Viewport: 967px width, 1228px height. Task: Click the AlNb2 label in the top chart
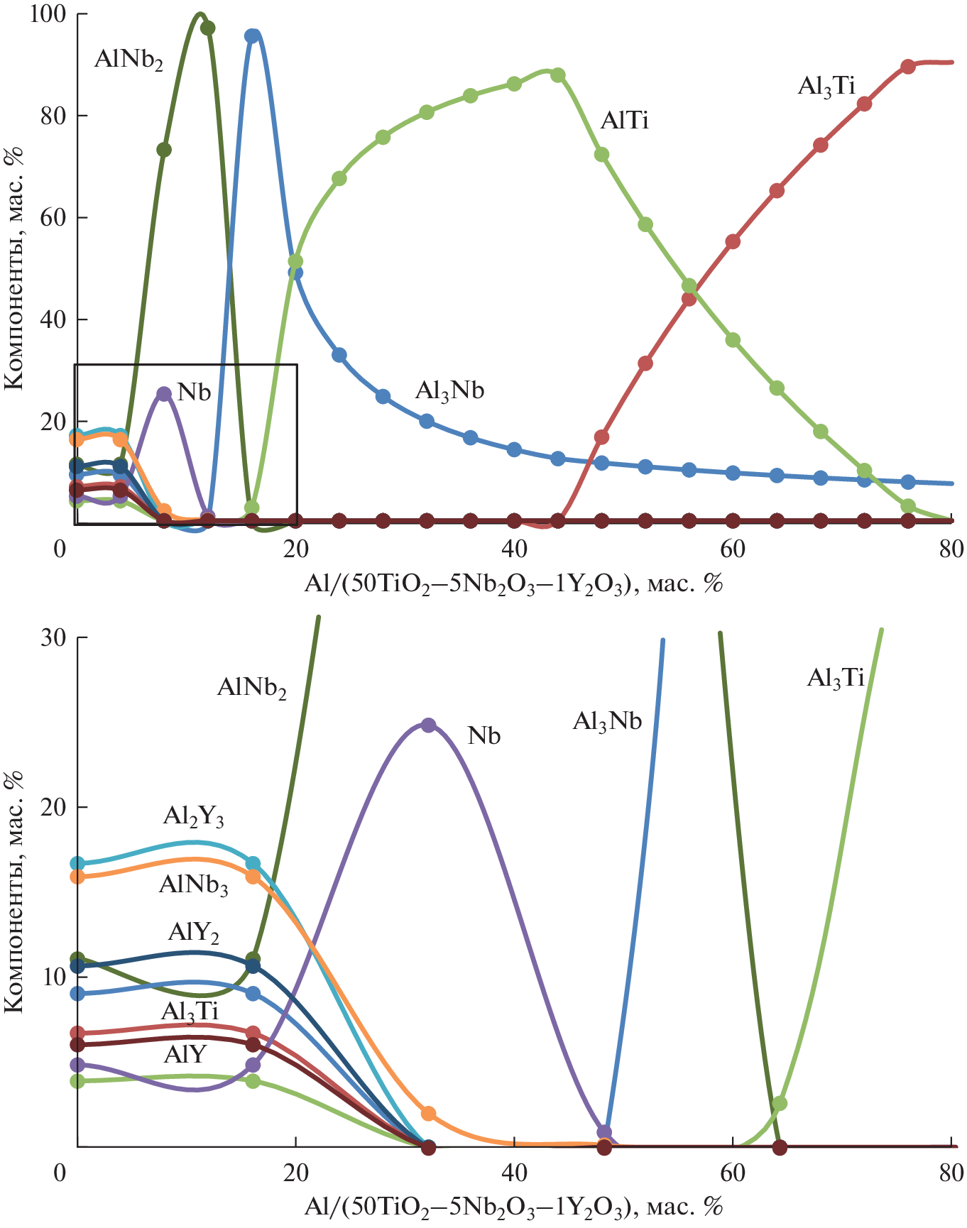(129, 60)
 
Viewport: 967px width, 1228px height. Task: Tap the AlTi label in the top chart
(624, 121)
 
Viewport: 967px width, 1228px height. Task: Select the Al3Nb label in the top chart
(449, 390)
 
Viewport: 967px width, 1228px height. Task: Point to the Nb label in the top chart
(194, 392)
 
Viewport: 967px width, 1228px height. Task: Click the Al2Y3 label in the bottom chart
(193, 817)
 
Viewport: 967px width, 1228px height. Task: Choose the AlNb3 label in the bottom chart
(193, 885)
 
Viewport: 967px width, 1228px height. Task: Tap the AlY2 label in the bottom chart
(193, 932)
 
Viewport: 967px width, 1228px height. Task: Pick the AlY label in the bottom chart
(185, 1054)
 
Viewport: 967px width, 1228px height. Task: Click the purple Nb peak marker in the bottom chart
(428, 725)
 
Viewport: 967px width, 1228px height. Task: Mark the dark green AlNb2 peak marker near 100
(207, 28)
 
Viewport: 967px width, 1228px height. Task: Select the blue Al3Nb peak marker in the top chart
(252, 35)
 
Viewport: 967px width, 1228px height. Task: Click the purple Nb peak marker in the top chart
(164, 394)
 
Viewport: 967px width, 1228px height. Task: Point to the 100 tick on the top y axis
(48, 14)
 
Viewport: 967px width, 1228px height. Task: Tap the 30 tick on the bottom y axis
(53, 637)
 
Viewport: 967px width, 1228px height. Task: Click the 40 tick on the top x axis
(514, 549)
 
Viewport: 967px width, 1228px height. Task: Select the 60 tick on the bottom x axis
(733, 1171)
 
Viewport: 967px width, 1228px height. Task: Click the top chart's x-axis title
(513, 584)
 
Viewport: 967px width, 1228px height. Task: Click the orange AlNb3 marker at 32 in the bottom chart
(428, 1114)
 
